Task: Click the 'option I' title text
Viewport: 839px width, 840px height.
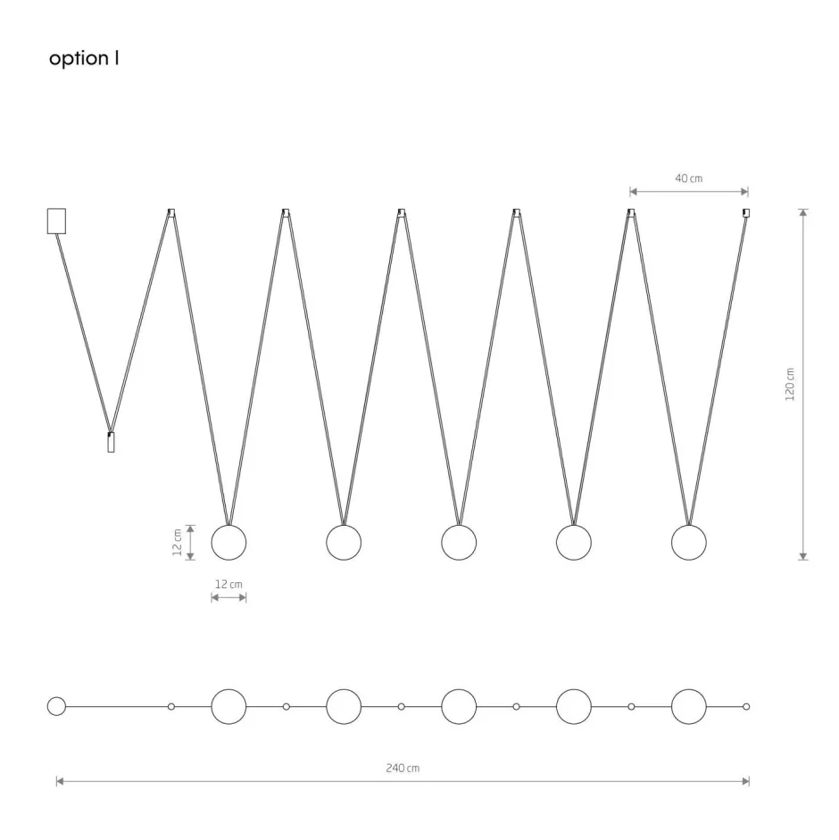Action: pos(84,58)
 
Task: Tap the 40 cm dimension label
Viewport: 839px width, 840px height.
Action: pos(688,179)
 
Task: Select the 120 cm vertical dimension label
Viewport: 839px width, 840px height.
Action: pos(789,384)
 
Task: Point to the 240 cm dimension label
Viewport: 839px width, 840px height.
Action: pos(403,768)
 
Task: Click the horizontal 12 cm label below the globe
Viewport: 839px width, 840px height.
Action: pos(228,584)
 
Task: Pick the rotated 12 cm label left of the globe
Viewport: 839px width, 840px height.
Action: pos(178,542)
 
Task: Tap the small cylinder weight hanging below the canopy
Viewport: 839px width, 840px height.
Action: pos(111,443)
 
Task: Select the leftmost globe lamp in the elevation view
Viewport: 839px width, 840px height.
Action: pos(228,543)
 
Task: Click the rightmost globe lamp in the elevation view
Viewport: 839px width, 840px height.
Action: pos(688,543)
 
